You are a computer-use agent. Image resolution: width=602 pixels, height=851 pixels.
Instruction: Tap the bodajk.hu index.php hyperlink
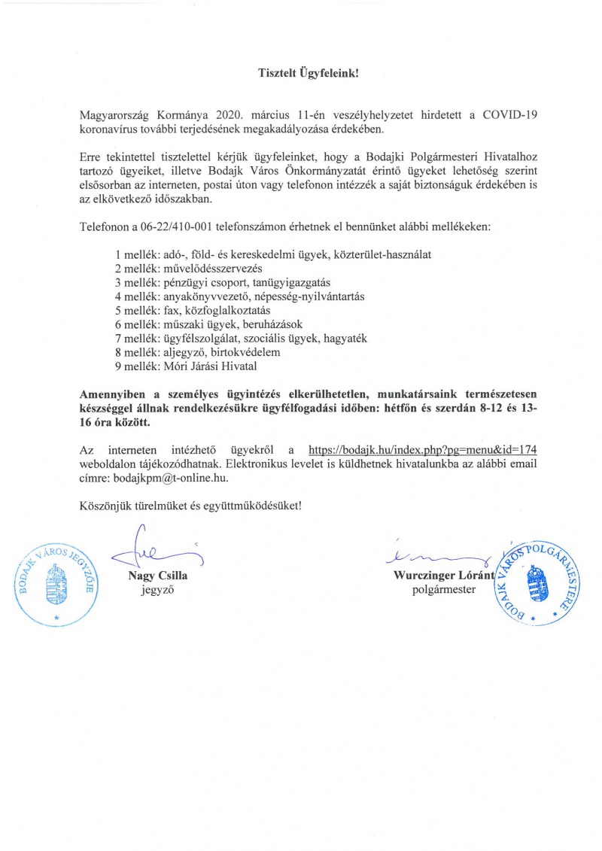click(x=423, y=449)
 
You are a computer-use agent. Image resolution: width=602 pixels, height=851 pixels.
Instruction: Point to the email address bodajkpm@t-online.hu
click(x=166, y=478)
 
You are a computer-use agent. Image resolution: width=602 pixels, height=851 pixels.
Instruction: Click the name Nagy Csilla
click(x=158, y=576)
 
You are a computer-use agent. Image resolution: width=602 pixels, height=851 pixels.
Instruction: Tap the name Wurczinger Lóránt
click(x=443, y=576)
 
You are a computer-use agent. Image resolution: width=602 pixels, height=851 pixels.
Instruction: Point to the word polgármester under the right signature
click(x=444, y=591)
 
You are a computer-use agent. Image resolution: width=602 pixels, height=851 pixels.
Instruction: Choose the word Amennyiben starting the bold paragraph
click(x=115, y=394)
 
